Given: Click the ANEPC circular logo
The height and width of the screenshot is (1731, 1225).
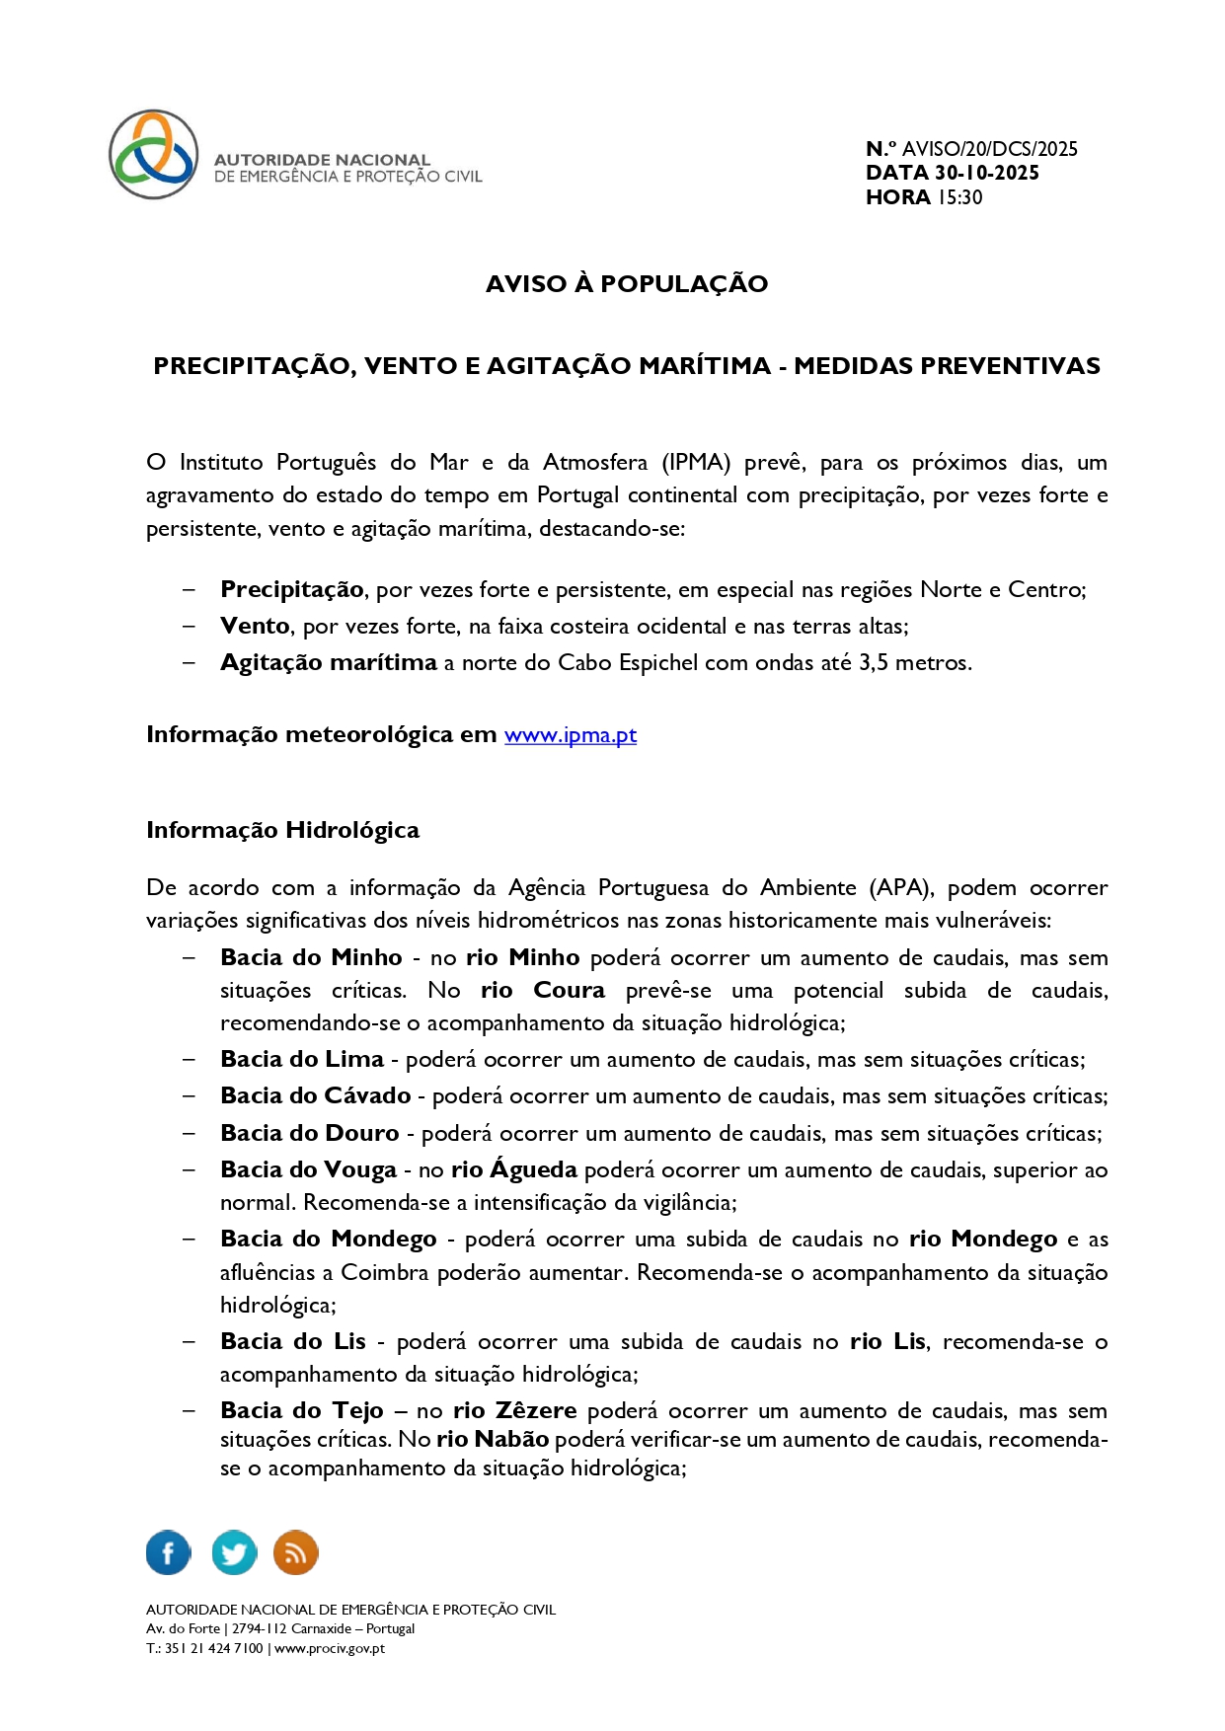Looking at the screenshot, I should pyautogui.click(x=154, y=155).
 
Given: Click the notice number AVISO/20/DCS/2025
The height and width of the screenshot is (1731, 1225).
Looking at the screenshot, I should pyautogui.click(x=989, y=149).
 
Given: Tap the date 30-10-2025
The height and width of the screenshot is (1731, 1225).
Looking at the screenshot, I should pyautogui.click(x=986, y=173).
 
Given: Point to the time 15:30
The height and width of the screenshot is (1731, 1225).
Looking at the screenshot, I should pyautogui.click(x=959, y=197).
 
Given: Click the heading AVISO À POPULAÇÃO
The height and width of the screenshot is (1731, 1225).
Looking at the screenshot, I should pyautogui.click(x=627, y=284).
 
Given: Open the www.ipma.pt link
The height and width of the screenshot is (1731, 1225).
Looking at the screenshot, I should pyautogui.click(x=571, y=735).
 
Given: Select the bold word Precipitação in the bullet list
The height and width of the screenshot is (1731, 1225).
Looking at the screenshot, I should pyautogui.click(x=292, y=590).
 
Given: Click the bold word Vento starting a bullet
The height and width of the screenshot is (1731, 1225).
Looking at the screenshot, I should pyautogui.click(x=255, y=627).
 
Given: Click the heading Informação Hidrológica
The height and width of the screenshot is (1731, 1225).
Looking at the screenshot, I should pyautogui.click(x=282, y=830).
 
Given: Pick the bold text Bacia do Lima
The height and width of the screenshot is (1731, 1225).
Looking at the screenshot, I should pyautogui.click(x=302, y=1060).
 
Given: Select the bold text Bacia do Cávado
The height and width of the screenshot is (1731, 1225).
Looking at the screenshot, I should pyautogui.click(x=316, y=1096).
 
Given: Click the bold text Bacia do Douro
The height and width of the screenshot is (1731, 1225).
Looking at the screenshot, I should pyautogui.click(x=310, y=1134).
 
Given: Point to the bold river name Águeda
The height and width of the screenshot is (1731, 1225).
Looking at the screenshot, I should pyautogui.click(x=533, y=1169).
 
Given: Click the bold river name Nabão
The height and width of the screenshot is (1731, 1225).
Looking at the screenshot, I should pyautogui.click(x=511, y=1440).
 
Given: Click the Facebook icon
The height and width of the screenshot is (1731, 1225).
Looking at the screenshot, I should pyautogui.click(x=169, y=1552).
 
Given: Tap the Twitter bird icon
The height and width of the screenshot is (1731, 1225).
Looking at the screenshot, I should pyautogui.click(x=234, y=1552).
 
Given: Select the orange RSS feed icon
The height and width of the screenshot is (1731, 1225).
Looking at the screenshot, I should pyautogui.click(x=295, y=1552).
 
